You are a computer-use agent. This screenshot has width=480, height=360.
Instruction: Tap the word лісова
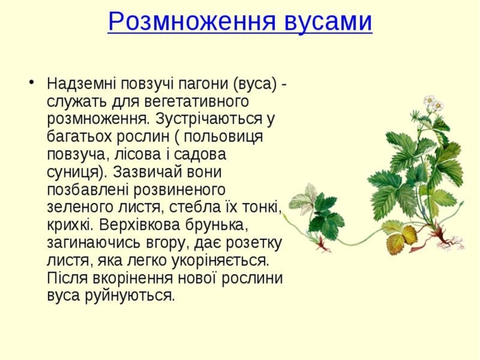128,154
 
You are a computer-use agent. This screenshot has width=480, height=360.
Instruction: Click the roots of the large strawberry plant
452,240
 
